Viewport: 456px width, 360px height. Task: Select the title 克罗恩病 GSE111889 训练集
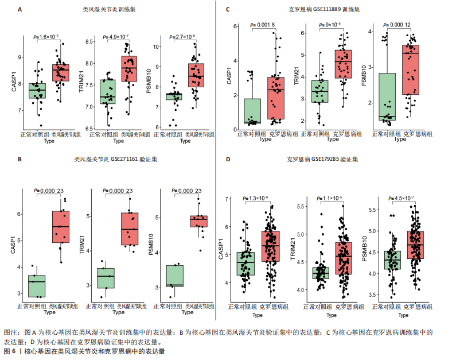[x=324, y=10]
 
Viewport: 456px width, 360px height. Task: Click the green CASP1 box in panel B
[x=37, y=286]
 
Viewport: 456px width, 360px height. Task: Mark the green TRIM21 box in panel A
[x=107, y=91]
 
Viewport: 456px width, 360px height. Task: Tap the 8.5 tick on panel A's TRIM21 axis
[x=91, y=42]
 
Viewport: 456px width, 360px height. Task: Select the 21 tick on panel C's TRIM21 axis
[x=302, y=33]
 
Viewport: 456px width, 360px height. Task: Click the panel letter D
[x=228, y=160]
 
